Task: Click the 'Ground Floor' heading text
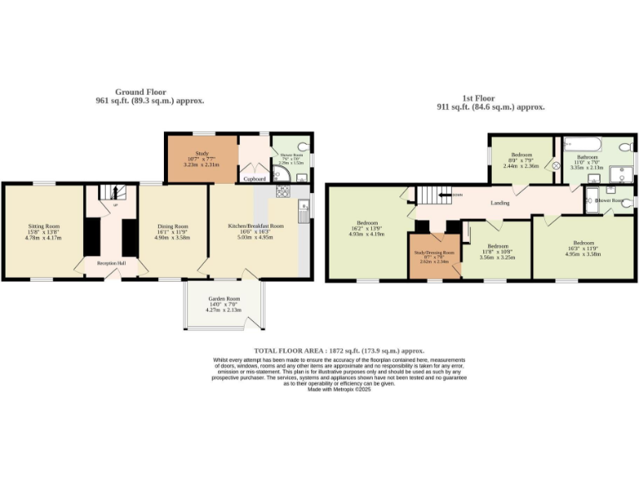coord(141,92)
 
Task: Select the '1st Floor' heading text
coord(491,99)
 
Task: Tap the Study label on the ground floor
coord(201,153)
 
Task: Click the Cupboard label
coord(254,178)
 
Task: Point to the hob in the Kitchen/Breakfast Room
coord(282,191)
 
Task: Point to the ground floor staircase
coord(111,195)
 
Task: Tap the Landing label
coord(500,202)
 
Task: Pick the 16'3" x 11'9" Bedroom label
coord(582,246)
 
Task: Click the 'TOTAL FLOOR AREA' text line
coord(339,352)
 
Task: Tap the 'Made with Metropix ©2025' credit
coord(339,389)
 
